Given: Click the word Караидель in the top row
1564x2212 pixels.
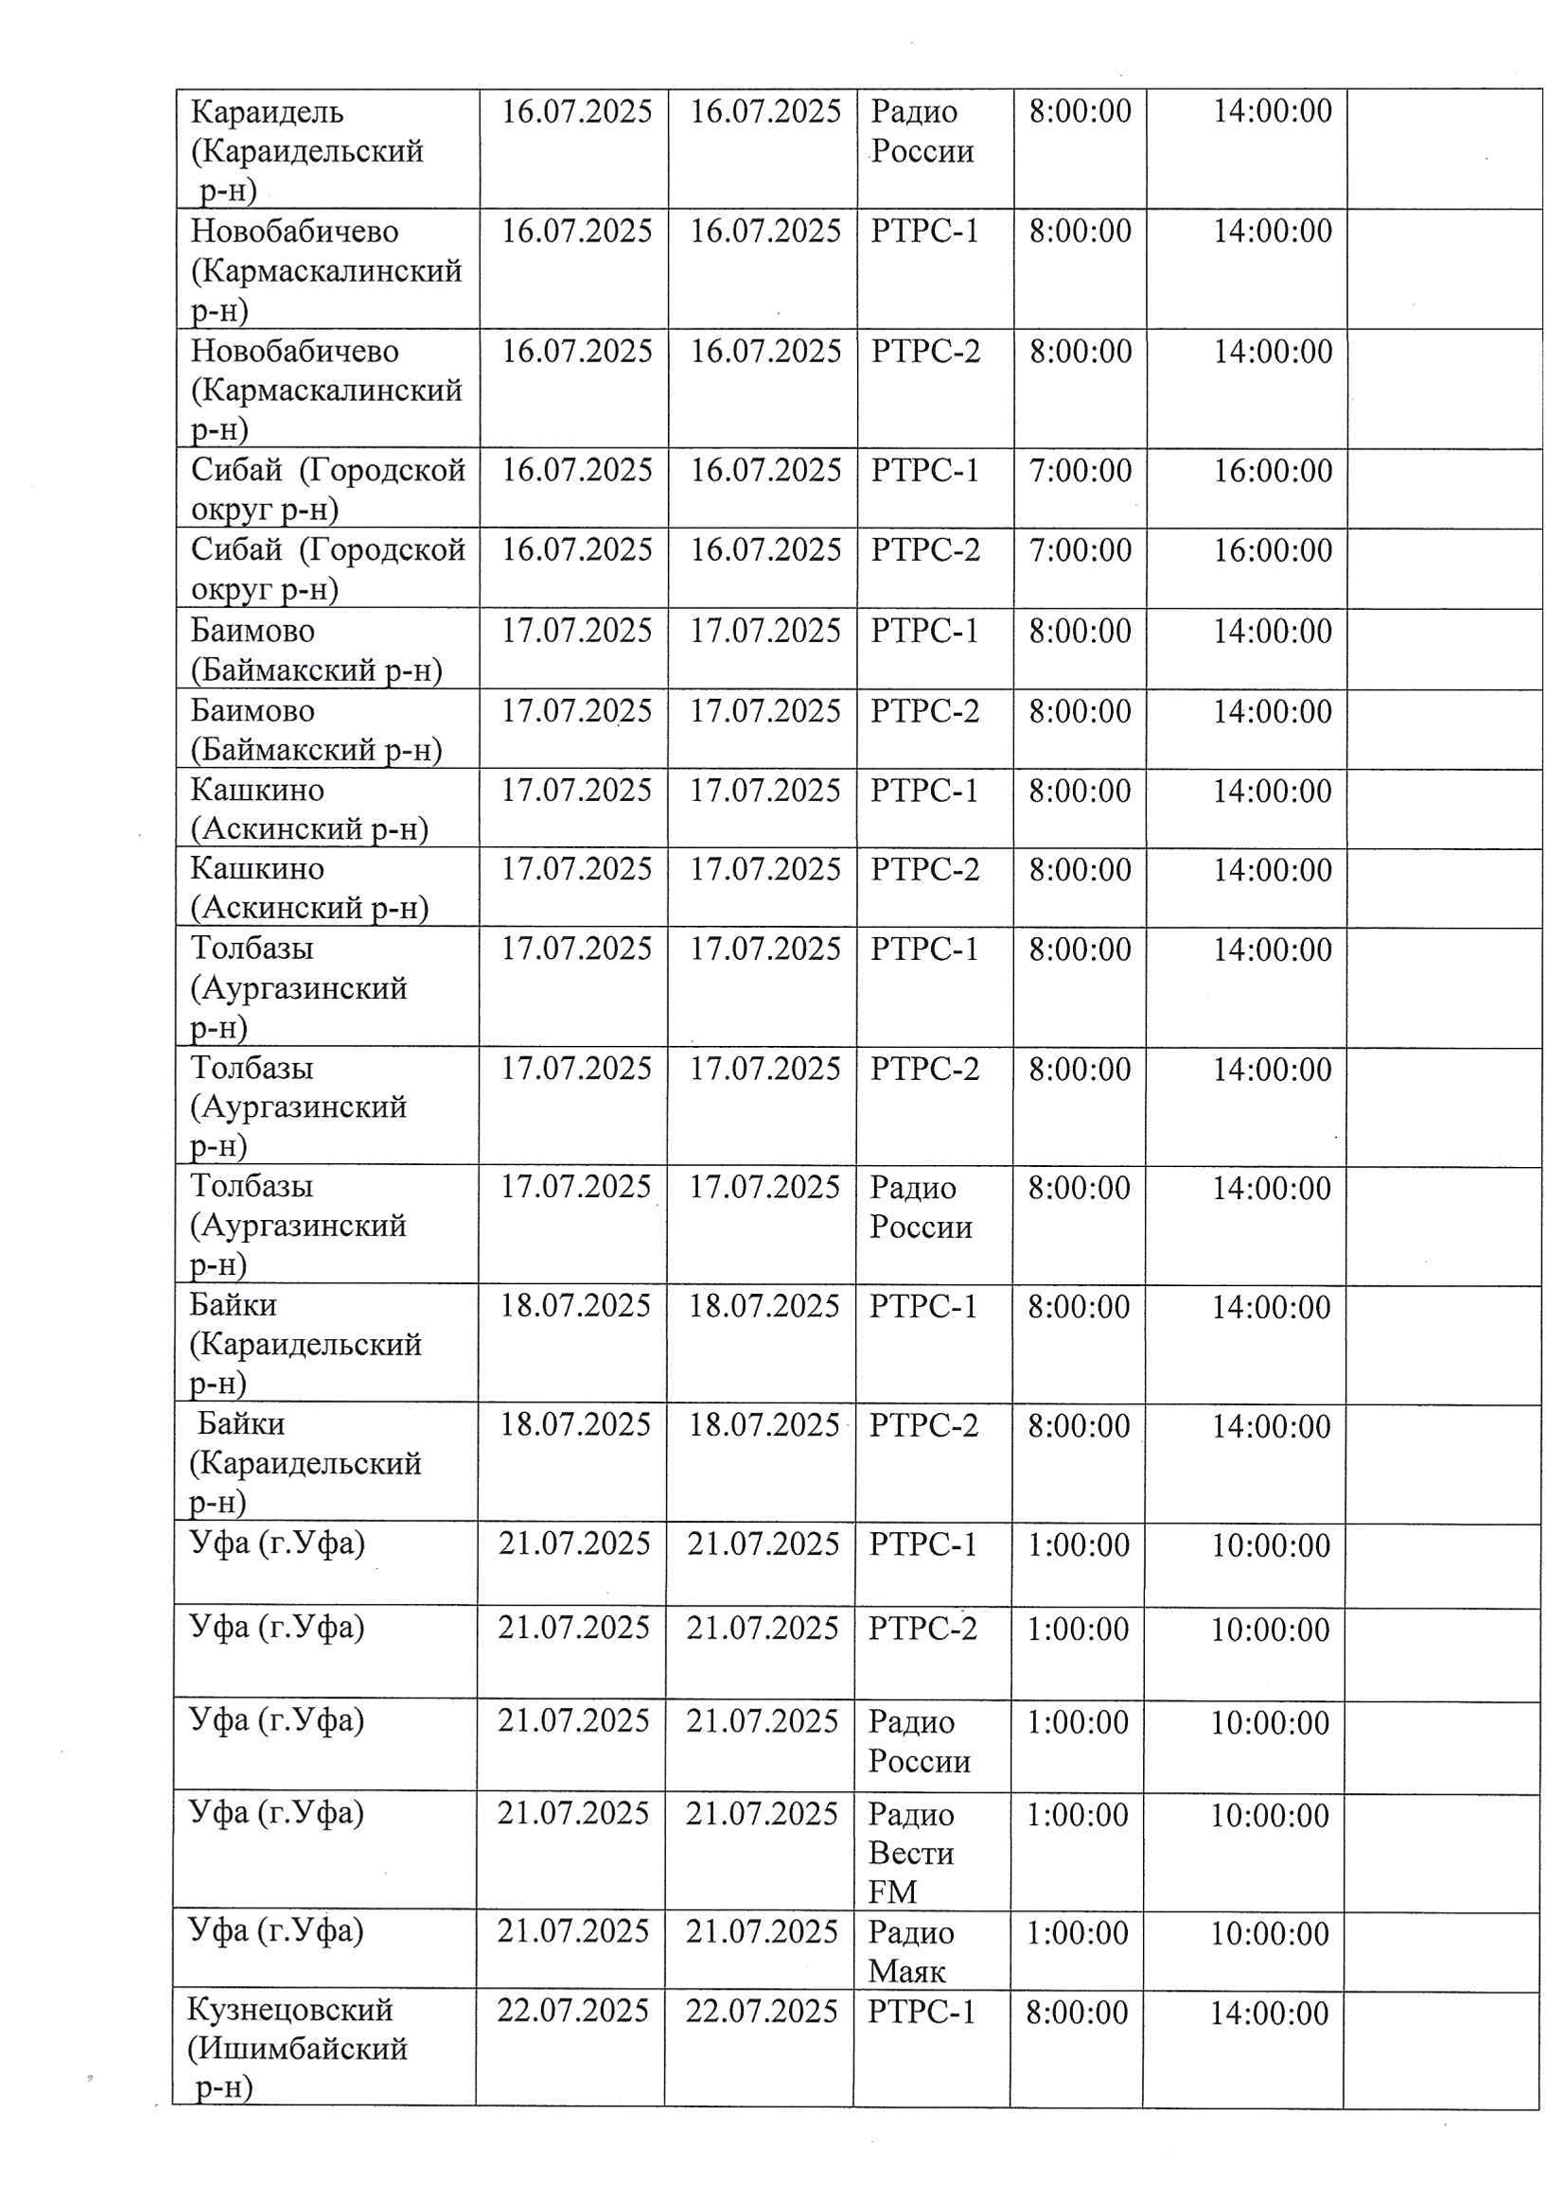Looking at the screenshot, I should (x=267, y=113).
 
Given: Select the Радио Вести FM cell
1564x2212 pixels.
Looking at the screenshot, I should (x=910, y=1853).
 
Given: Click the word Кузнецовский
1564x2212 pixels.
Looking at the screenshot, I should (x=290, y=2010).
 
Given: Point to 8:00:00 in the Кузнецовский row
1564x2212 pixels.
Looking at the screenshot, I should (x=1077, y=2012).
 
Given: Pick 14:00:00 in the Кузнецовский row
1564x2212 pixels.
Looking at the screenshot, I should (x=1269, y=2012).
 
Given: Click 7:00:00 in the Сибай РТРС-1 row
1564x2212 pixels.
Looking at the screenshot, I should (x=1081, y=470).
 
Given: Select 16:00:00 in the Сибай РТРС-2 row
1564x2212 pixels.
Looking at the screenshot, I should (x=1272, y=550).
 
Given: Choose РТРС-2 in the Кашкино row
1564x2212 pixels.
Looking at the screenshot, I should (x=924, y=869).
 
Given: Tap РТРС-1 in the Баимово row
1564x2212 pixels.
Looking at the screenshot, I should (x=924, y=631).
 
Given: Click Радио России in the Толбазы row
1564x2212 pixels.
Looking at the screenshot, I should (x=921, y=1207).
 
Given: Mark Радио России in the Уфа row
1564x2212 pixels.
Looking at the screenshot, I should (x=919, y=1741).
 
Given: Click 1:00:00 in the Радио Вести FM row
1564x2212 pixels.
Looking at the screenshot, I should (x=1077, y=1815).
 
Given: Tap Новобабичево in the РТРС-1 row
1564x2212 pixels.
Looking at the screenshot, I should (x=294, y=231).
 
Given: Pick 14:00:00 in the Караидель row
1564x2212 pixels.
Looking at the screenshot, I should (x=1272, y=111).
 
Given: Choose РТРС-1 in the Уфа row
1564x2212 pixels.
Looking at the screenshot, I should (x=923, y=1544).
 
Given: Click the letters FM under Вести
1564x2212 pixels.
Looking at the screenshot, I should (x=891, y=1891).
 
